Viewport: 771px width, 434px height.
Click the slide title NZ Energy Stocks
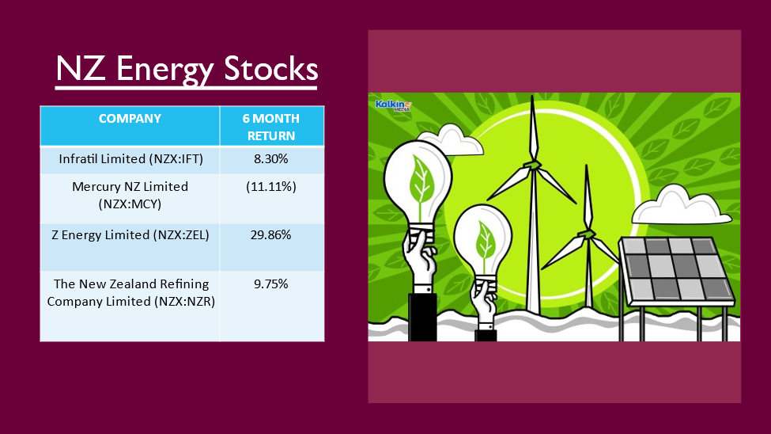tap(187, 69)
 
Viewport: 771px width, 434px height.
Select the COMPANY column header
tap(130, 119)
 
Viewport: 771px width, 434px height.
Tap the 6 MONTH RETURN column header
tap(271, 127)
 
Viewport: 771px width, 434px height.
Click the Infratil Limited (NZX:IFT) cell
tap(130, 159)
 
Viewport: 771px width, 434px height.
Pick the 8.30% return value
tap(271, 159)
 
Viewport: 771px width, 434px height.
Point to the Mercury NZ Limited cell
tap(130, 195)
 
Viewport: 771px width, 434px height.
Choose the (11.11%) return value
tap(271, 187)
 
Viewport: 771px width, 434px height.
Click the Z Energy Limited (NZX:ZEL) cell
tap(130, 235)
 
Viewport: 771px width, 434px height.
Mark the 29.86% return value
tap(271, 235)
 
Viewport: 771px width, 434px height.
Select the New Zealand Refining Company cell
tap(130, 292)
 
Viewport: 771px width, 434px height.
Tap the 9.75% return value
tap(271, 284)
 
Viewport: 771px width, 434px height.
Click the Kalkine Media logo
tap(393, 105)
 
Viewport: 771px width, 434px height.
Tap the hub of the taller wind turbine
tap(532, 165)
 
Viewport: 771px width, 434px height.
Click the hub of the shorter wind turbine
tap(586, 233)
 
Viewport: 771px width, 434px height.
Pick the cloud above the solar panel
tap(681, 205)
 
